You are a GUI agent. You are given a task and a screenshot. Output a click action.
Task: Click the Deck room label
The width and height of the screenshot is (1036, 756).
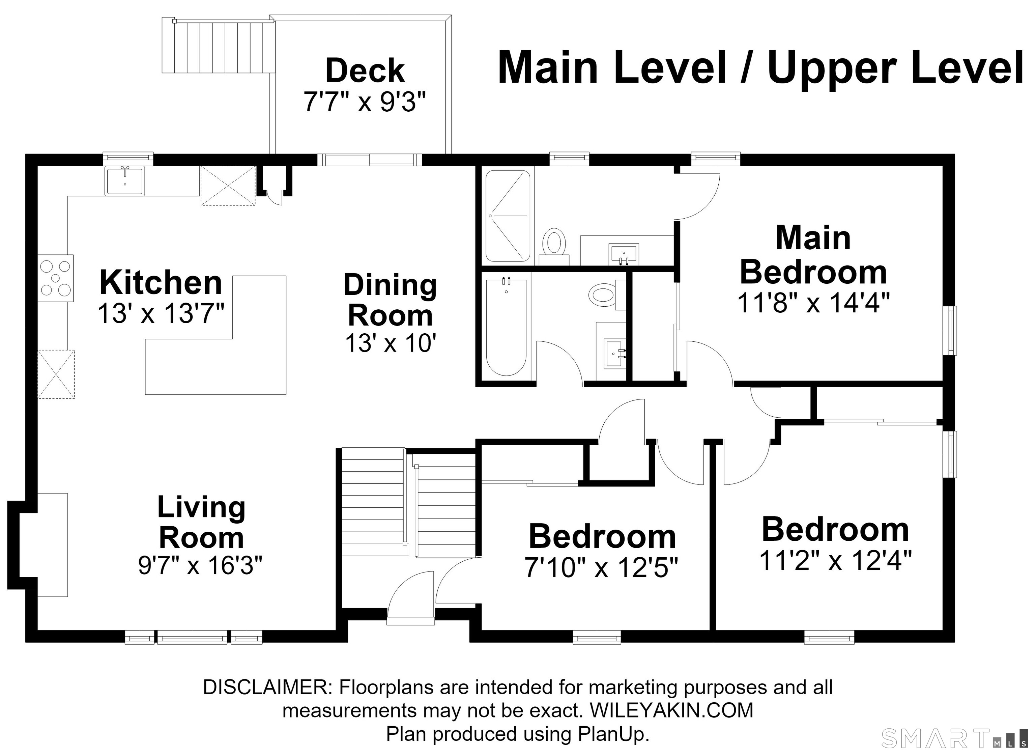click(x=365, y=71)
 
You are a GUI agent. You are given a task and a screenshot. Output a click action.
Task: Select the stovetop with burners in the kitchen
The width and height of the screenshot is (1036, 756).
click(x=55, y=278)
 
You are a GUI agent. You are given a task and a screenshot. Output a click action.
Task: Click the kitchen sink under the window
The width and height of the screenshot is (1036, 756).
click(x=124, y=181)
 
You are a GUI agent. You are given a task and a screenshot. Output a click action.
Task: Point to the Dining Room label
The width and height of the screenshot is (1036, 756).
click(x=390, y=300)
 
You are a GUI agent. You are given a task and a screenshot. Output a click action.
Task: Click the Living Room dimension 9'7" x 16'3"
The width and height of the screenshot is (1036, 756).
click(x=200, y=565)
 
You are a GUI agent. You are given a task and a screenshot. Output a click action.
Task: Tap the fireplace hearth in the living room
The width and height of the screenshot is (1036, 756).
click(x=52, y=544)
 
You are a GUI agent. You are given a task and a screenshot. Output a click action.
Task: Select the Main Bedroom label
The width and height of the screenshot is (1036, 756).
click(x=813, y=255)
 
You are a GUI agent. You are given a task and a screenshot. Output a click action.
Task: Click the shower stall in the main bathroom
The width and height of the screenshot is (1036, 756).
click(x=508, y=216)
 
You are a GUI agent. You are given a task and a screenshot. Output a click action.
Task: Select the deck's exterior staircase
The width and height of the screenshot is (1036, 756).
click(x=218, y=47)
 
